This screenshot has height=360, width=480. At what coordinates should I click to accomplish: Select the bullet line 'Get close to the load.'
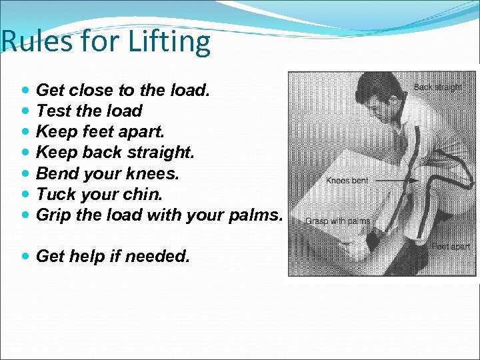pos(123,90)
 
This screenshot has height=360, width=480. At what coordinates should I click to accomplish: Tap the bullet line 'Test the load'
pos(89,111)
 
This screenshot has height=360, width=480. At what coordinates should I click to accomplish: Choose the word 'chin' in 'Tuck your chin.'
pos(146,194)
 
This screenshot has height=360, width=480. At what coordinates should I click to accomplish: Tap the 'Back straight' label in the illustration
pos(437,87)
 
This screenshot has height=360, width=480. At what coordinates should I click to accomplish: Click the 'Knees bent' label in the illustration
pos(346,181)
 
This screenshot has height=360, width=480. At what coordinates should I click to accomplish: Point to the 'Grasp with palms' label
pos(338,221)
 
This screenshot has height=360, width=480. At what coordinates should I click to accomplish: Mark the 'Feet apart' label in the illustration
pos(451,247)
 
